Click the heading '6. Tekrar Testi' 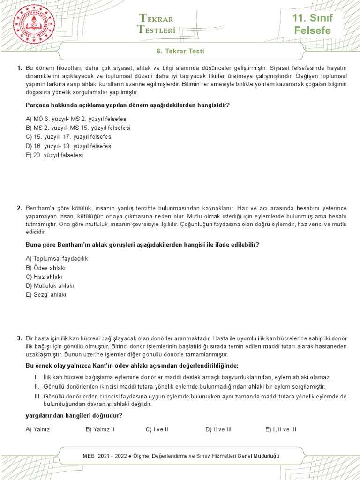coord(180,51)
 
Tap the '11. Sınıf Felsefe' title coord(312,25)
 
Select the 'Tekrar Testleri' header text coord(157,24)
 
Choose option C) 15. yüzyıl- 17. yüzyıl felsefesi coord(69,137)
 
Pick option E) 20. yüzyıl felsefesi coord(54,155)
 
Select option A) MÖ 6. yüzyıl coord(77,119)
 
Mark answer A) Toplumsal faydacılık coord(57,259)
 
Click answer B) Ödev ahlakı coord(46,268)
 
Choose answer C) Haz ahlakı coord(44,277)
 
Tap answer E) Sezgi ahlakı coord(46,294)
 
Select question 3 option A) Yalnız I coord(39,429)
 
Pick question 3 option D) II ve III coord(218,429)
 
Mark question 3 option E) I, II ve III coord(281,429)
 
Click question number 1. coord(20,68)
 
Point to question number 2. coord(20,208)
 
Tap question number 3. coord(20,338)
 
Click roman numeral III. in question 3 coord(37,397)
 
